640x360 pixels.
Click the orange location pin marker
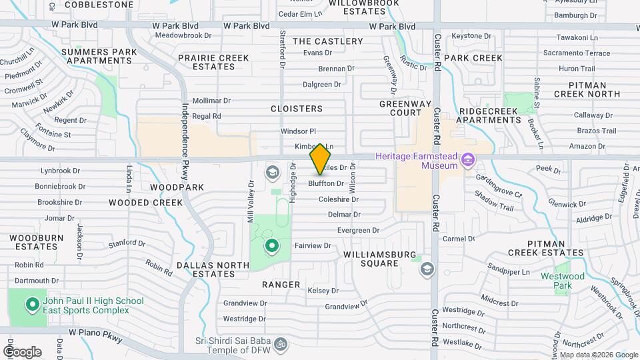[321, 159]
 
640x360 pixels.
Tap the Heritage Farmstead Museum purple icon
[468, 159]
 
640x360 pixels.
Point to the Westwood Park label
[571, 281]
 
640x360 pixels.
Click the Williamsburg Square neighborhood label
[380, 259]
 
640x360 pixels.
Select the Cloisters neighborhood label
[297, 109]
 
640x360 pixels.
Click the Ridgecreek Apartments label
[490, 115]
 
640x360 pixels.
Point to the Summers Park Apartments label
[97, 56]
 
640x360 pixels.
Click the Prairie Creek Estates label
[213, 62]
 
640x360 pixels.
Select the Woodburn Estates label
[37, 242]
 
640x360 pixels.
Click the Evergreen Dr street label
[358, 231]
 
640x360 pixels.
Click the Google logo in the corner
[22, 351]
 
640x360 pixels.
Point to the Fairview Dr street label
[313, 246]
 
